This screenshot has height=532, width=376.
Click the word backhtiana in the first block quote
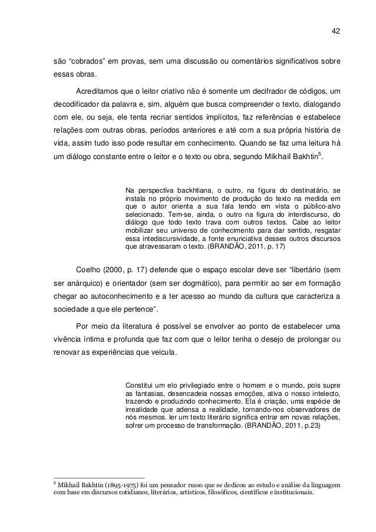185,191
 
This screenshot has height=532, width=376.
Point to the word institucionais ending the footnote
292,493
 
